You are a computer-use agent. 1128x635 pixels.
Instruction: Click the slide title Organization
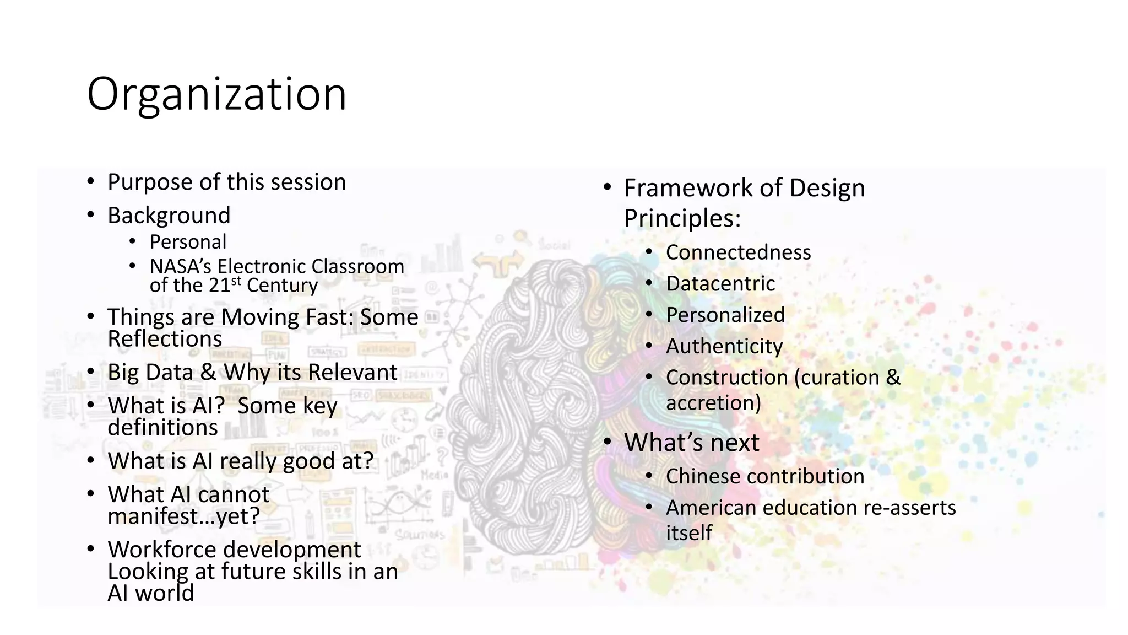pyautogui.click(x=216, y=95)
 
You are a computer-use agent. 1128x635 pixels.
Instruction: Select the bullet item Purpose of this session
pyautogui.click(x=226, y=182)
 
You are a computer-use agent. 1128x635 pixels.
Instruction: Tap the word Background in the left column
pyautogui.click(x=169, y=216)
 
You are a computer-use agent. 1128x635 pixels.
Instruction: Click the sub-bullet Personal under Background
pyautogui.click(x=188, y=242)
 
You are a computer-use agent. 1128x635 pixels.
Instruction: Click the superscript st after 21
pyautogui.click(x=236, y=281)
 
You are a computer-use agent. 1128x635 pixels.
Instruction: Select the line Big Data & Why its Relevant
pyautogui.click(x=252, y=373)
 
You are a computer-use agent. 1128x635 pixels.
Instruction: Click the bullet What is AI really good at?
pyautogui.click(x=240, y=461)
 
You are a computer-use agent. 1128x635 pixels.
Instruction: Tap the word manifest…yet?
pyautogui.click(x=183, y=516)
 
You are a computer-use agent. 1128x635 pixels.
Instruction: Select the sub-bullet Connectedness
pyautogui.click(x=738, y=252)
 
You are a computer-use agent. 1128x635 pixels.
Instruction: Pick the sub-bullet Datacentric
pyautogui.click(x=720, y=284)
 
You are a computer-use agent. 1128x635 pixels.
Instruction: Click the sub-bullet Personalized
pyautogui.click(x=725, y=315)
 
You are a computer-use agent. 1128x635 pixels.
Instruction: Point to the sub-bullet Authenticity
pyautogui.click(x=724, y=347)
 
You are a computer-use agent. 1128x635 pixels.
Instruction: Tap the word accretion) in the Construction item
pyautogui.click(x=713, y=403)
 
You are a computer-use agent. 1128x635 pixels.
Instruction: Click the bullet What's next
pyautogui.click(x=691, y=443)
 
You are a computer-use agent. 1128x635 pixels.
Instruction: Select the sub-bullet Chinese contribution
pyautogui.click(x=764, y=477)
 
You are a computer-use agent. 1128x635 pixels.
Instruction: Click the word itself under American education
pyautogui.click(x=688, y=533)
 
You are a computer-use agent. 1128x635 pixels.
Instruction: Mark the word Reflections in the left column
pyautogui.click(x=165, y=339)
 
